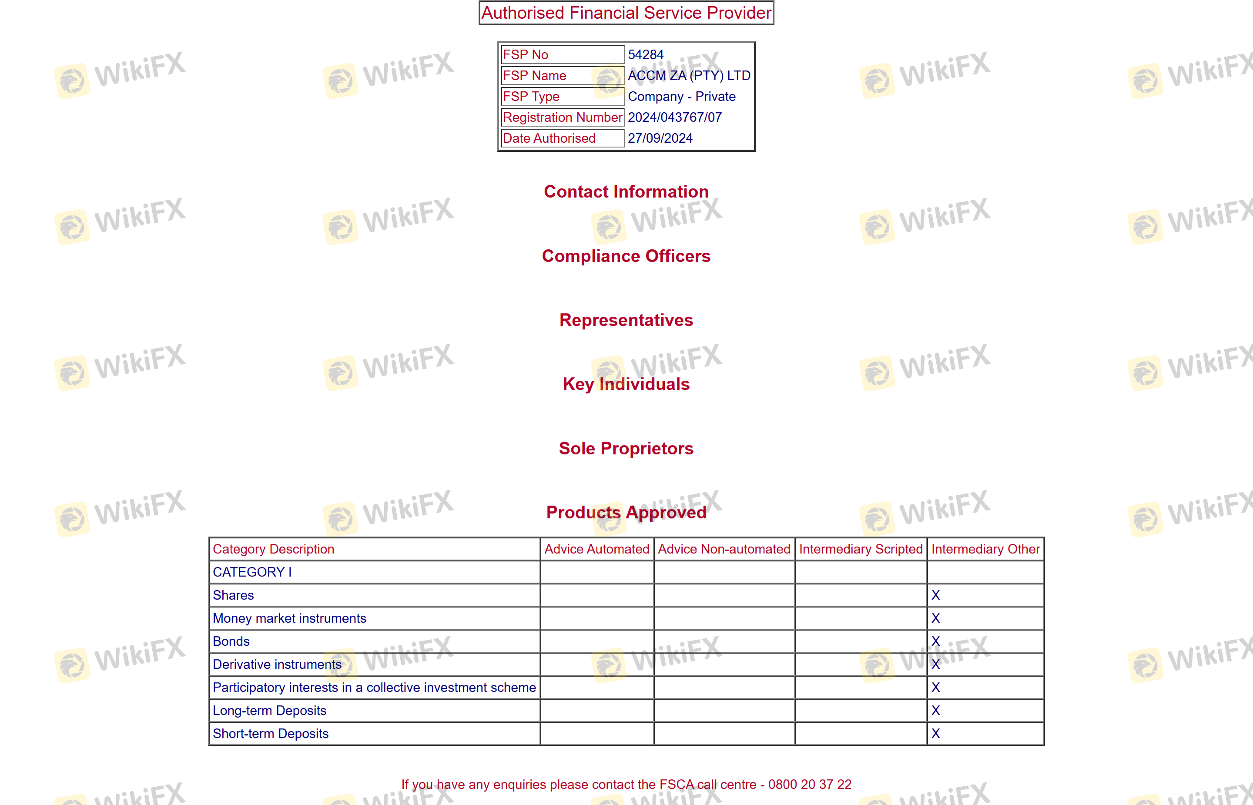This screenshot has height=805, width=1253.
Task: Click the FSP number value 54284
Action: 645,55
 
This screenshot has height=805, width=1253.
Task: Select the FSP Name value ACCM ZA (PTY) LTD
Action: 689,76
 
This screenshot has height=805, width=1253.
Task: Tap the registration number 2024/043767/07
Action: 674,117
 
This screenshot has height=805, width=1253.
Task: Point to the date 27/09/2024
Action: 660,138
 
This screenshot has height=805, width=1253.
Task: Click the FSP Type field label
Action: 531,97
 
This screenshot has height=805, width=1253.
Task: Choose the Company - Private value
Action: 681,97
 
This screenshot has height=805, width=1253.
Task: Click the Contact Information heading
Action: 626,192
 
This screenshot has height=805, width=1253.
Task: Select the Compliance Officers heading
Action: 626,256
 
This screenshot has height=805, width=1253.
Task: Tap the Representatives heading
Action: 626,320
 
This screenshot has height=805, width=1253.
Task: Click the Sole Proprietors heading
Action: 626,449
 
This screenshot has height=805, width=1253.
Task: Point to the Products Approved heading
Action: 626,512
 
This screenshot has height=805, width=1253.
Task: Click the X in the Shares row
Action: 935,595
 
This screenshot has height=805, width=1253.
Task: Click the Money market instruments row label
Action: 289,618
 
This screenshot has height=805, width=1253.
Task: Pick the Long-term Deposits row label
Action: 270,711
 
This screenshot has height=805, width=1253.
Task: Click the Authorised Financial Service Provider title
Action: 626,13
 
